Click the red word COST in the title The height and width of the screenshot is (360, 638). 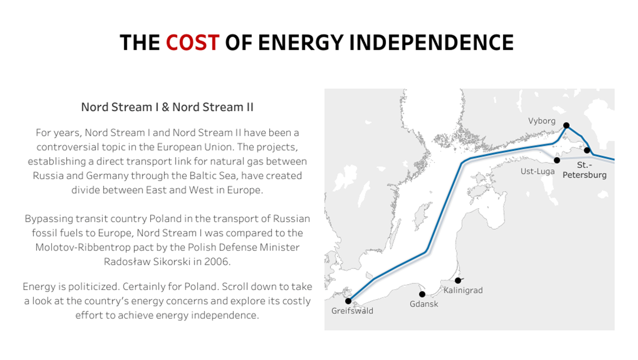(x=192, y=43)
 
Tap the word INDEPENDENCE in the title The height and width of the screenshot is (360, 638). (x=432, y=43)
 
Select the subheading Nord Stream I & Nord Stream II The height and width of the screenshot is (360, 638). (x=167, y=107)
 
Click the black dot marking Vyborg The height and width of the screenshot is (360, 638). (x=566, y=126)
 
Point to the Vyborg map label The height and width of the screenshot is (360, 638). (x=542, y=121)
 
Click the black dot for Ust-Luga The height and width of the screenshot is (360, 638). (x=557, y=160)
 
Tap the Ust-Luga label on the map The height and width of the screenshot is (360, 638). (x=538, y=171)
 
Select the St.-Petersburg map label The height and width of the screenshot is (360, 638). (x=585, y=170)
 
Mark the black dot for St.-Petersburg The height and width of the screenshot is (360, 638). (x=587, y=150)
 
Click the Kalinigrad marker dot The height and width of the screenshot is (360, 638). (x=458, y=281)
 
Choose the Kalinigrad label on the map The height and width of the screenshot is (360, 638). (x=463, y=291)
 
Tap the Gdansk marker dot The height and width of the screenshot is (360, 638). (x=422, y=294)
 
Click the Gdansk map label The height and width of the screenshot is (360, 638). (x=424, y=304)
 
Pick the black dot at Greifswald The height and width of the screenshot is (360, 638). (x=348, y=301)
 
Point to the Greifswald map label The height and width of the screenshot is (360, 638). (x=352, y=311)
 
